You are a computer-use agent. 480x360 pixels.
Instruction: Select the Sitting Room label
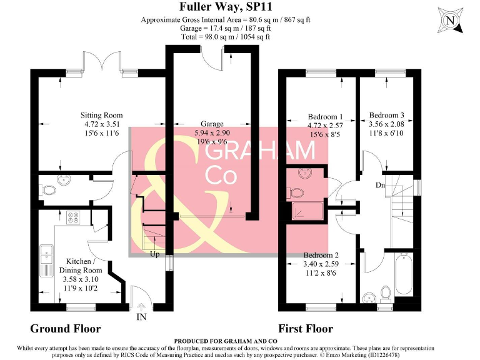(101, 116)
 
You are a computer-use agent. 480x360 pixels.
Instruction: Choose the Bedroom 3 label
(386, 116)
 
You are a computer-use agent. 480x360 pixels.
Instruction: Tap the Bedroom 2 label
(321, 256)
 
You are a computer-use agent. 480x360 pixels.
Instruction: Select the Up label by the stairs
(153, 254)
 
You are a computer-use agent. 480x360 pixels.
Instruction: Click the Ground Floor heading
(65, 329)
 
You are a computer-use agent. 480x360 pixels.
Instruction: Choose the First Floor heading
(306, 329)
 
